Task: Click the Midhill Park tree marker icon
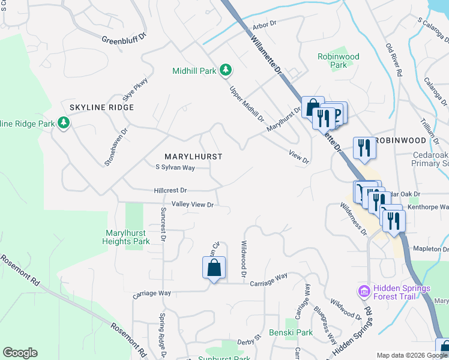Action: [x=226, y=71]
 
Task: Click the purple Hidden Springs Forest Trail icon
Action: [x=363, y=292]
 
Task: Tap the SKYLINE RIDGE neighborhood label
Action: [x=101, y=107]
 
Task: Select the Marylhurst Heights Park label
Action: [x=127, y=237]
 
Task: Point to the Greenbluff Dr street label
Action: [x=124, y=41]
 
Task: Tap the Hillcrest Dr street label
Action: [x=170, y=190]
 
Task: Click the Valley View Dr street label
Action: [x=193, y=205]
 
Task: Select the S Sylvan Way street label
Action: [x=175, y=168]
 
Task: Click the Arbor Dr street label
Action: [x=264, y=25]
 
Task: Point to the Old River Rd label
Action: [x=394, y=61]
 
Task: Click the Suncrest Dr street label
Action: [x=163, y=225]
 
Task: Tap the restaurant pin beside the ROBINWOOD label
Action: [x=364, y=147]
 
